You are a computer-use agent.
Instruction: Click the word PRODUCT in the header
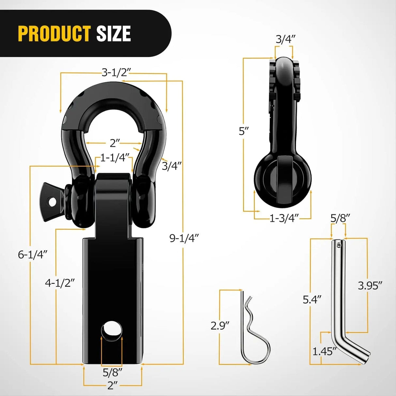[x=54, y=34]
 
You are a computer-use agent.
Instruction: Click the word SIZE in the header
[x=114, y=34]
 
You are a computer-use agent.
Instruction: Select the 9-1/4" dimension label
[x=184, y=238]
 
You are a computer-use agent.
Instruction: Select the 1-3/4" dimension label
[x=284, y=218]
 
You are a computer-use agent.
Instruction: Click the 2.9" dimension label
[x=220, y=326]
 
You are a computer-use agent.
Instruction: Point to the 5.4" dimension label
[x=312, y=299]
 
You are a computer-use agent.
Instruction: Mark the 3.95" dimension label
[x=370, y=286]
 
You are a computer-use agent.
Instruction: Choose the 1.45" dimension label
[x=324, y=351]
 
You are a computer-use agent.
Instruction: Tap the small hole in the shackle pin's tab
[x=52, y=202]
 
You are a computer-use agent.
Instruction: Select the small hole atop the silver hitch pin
[x=339, y=245]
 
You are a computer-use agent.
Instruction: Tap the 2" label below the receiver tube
[x=112, y=386]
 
